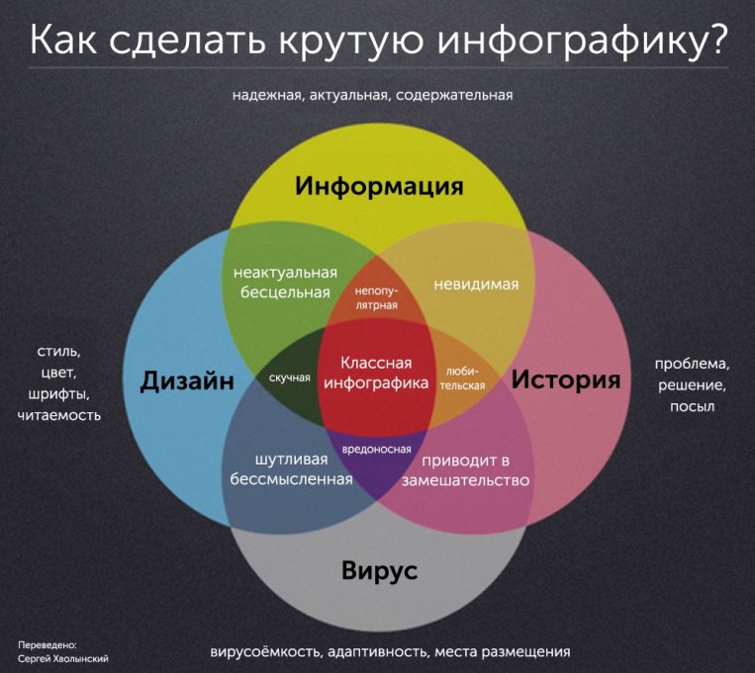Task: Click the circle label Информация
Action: point(379,187)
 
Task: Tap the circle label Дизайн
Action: point(187,381)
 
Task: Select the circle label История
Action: point(566,380)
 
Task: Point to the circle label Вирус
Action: point(379,571)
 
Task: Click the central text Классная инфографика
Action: point(376,373)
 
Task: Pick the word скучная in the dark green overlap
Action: point(289,379)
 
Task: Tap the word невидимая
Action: point(476,285)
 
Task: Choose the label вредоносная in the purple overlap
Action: point(377,450)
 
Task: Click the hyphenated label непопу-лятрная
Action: point(377,298)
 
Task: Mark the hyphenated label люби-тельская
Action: point(462,379)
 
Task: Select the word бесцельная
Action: point(285,293)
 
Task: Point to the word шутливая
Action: point(291,460)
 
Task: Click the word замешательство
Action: point(466,480)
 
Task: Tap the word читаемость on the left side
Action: point(59,415)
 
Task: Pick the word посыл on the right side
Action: point(692,407)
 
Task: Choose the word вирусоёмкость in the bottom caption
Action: point(267,652)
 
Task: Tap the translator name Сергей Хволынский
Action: point(63,658)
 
